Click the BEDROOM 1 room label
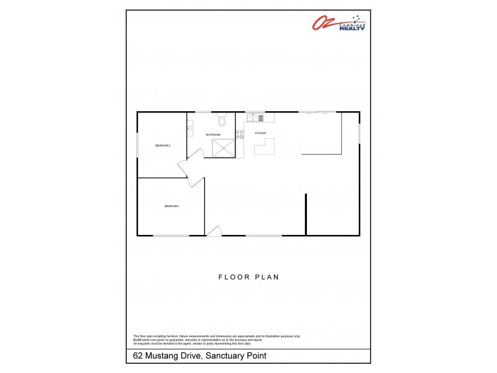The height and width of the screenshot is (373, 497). (x=171, y=206)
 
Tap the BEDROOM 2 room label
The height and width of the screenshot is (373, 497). (x=163, y=145)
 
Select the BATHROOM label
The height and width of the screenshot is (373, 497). (x=214, y=134)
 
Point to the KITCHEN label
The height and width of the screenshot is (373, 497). (x=260, y=133)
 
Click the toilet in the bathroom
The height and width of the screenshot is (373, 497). (x=221, y=119)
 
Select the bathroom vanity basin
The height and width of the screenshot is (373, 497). (x=190, y=129)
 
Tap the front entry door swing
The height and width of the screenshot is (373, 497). (x=213, y=231)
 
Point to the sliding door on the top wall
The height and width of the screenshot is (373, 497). (x=317, y=113)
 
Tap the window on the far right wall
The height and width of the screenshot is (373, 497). (x=359, y=133)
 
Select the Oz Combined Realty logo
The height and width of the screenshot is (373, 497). (x=338, y=23)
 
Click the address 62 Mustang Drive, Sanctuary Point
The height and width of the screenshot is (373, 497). (x=200, y=356)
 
